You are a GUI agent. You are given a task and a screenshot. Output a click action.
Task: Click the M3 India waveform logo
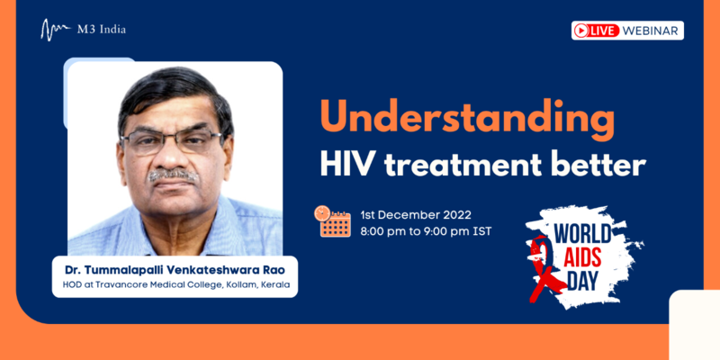(x=55, y=30)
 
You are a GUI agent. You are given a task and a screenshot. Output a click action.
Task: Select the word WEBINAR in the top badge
(x=650, y=31)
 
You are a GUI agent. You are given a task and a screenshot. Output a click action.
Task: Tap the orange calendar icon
(x=332, y=221)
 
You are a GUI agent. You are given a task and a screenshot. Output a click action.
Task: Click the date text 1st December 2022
(x=416, y=215)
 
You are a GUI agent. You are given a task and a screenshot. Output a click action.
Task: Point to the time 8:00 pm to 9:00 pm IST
(x=426, y=231)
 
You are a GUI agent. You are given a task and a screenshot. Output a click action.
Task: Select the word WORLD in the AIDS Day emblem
(x=582, y=234)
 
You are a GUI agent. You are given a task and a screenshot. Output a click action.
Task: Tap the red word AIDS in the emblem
(x=583, y=258)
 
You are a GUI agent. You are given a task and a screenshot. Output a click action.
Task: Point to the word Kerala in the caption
(x=275, y=284)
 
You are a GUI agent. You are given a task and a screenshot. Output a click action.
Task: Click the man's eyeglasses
(x=171, y=141)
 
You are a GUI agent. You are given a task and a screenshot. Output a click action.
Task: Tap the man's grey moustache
(x=173, y=175)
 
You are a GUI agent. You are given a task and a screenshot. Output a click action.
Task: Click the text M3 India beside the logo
(x=101, y=30)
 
